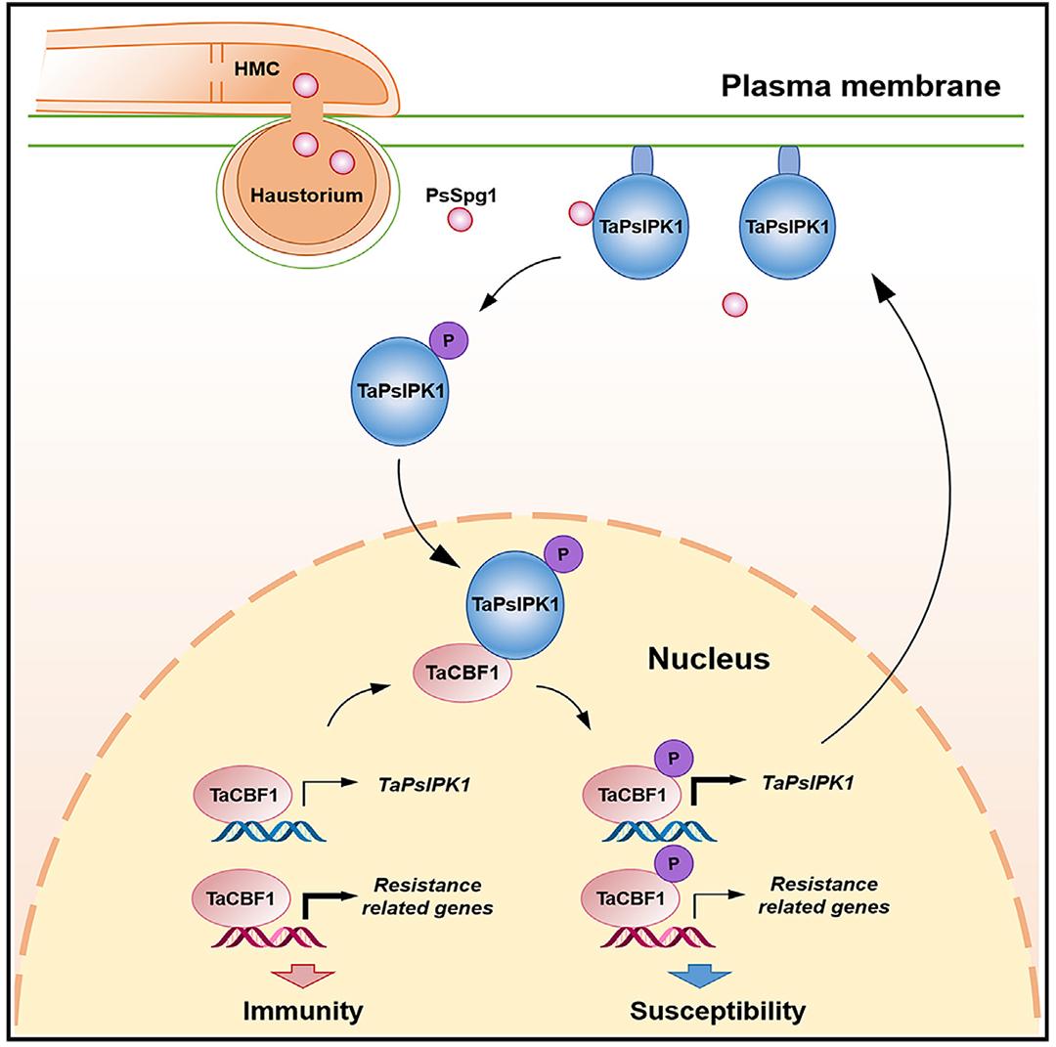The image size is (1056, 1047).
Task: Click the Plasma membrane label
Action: coord(860,86)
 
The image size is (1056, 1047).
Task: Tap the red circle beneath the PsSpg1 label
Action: coord(459,219)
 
